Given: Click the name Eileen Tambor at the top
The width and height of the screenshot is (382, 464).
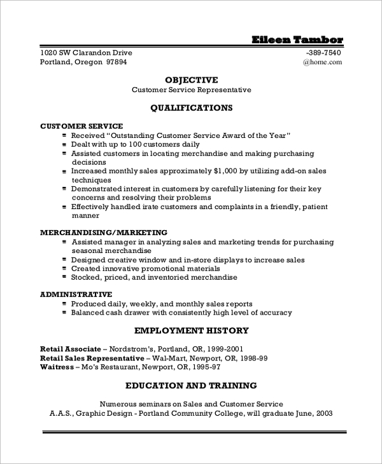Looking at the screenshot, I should [x=297, y=39].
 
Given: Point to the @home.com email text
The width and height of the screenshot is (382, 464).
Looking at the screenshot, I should [x=322, y=62].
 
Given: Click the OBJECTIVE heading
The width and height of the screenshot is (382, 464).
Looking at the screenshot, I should [x=191, y=80].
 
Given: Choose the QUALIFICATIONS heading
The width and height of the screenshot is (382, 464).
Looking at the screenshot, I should [x=191, y=108].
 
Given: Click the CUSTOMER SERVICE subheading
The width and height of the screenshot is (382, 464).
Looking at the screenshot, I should [x=81, y=126].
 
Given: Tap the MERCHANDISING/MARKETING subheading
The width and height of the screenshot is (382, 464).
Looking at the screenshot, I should [x=104, y=233].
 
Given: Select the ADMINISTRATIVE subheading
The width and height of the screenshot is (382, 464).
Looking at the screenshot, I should [x=76, y=295].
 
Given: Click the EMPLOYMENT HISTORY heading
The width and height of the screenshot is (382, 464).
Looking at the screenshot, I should [x=191, y=331].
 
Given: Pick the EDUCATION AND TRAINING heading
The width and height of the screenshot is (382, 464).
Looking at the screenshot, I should [x=191, y=385].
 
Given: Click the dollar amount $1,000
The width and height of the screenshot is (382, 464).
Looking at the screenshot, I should [x=228, y=171].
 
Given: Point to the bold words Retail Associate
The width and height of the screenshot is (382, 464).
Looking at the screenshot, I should [x=70, y=349].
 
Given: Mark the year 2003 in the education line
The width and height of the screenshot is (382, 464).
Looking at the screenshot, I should [x=323, y=413].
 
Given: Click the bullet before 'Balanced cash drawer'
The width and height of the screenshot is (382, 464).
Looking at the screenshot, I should [x=64, y=313].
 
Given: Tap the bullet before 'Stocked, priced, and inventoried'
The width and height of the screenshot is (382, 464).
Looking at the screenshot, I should [x=64, y=278].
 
